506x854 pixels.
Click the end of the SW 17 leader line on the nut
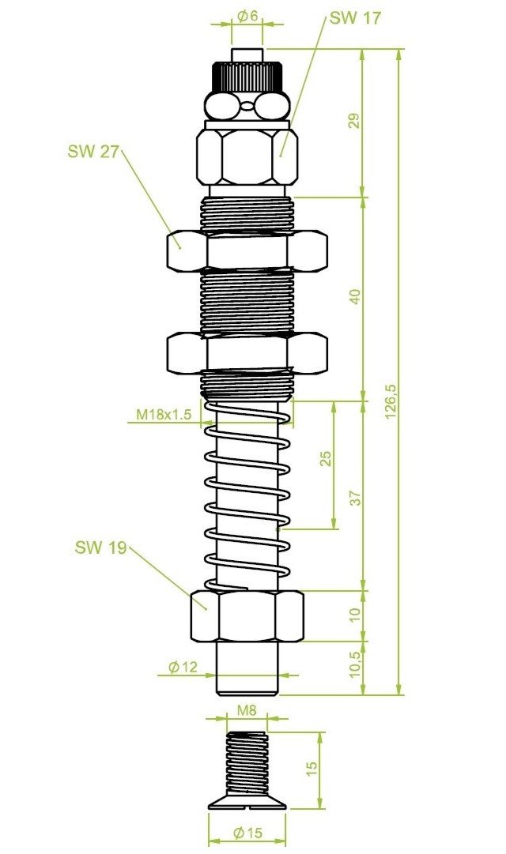pos(280,156)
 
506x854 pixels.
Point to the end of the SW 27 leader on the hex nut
pos(180,248)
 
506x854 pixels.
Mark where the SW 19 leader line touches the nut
pos(206,609)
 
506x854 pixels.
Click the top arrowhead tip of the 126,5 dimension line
pos(399,50)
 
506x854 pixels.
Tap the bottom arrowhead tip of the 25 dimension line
pos(334,529)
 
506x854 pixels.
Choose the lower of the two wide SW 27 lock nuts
pos(247,353)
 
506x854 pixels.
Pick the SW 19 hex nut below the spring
pos(247,616)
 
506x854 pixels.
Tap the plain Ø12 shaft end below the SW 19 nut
pos(247,668)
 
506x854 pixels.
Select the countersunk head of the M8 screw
pos(248,802)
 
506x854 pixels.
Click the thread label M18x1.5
pos(164,414)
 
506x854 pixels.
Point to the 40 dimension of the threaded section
pos(355,297)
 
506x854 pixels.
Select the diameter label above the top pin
pos(248,16)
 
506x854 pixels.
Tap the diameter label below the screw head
pos(247,832)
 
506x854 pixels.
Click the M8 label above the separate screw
pos(247,710)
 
